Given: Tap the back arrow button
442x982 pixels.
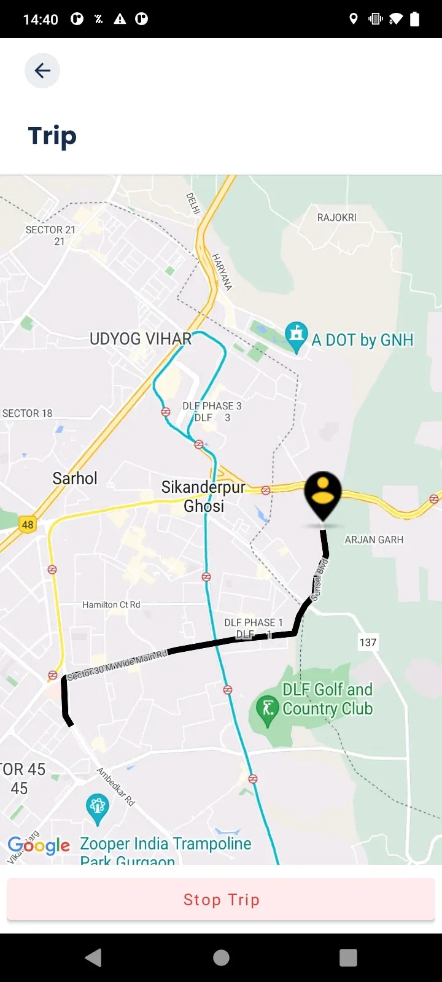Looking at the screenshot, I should pyautogui.click(x=42, y=71).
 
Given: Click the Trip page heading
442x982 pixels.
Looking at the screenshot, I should pyautogui.click(x=52, y=136).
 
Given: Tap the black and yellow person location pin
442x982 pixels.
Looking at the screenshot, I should pyautogui.click(x=323, y=494).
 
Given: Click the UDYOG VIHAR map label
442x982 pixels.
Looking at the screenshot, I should pyautogui.click(x=141, y=339).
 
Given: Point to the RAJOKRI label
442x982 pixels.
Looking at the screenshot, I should pyautogui.click(x=336, y=217).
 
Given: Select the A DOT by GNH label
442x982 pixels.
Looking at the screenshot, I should pyautogui.click(x=362, y=340).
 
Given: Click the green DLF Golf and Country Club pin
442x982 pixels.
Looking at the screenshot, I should pyautogui.click(x=268, y=710).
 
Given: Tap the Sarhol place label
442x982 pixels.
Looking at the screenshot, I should pyautogui.click(x=75, y=478).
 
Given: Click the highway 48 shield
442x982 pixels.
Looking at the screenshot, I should pyautogui.click(x=28, y=524).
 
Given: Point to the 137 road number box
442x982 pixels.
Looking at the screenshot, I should pyautogui.click(x=368, y=642).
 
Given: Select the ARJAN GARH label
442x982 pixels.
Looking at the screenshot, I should pyautogui.click(x=374, y=539).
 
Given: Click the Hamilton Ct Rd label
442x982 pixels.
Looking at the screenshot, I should pyautogui.click(x=111, y=605).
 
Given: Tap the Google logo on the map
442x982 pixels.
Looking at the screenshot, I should pyautogui.click(x=39, y=845).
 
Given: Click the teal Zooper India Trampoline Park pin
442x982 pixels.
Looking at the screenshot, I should pyautogui.click(x=98, y=808).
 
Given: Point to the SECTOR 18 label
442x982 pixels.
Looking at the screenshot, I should pyautogui.click(x=28, y=413).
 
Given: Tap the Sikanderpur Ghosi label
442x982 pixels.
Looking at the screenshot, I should pyautogui.click(x=203, y=496).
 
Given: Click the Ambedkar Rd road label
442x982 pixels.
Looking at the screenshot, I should pyautogui.click(x=115, y=786).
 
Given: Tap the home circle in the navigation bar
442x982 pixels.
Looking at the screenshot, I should pyautogui.click(x=221, y=957).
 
